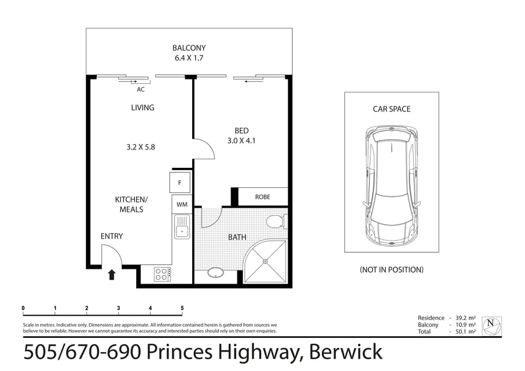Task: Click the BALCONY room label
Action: (189, 48)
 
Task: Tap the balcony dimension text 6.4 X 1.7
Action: (189, 58)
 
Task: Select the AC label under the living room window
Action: (141, 89)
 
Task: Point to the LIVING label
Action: (142, 108)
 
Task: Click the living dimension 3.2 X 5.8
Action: (141, 147)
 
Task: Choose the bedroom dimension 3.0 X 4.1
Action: (241, 141)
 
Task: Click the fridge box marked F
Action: (180, 183)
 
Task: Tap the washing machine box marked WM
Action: (182, 204)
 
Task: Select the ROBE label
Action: (262, 197)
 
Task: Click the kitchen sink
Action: (182, 227)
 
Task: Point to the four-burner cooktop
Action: (163, 274)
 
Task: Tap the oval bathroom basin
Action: (216, 273)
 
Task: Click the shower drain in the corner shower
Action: (265, 261)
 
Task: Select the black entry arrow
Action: (112, 275)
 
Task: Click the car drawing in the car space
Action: (392, 187)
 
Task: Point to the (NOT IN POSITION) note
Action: (392, 269)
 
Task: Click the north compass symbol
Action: (492, 326)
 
